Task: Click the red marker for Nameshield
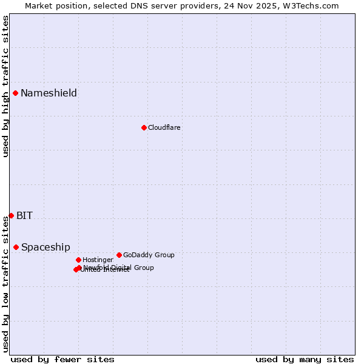click(15, 93)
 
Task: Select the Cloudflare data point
click(144, 127)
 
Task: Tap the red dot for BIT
click(11, 215)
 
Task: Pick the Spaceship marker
click(16, 247)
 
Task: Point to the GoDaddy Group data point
click(119, 255)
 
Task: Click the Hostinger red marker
click(78, 260)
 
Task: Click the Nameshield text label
click(49, 93)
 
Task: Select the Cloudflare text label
click(164, 127)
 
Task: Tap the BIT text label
click(24, 215)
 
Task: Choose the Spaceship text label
click(45, 247)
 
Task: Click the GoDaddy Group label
click(149, 255)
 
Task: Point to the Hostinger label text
click(98, 260)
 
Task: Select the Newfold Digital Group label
click(119, 268)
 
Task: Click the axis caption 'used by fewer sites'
click(62, 359)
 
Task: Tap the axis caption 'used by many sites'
click(305, 359)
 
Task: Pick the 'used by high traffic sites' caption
click(6, 86)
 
